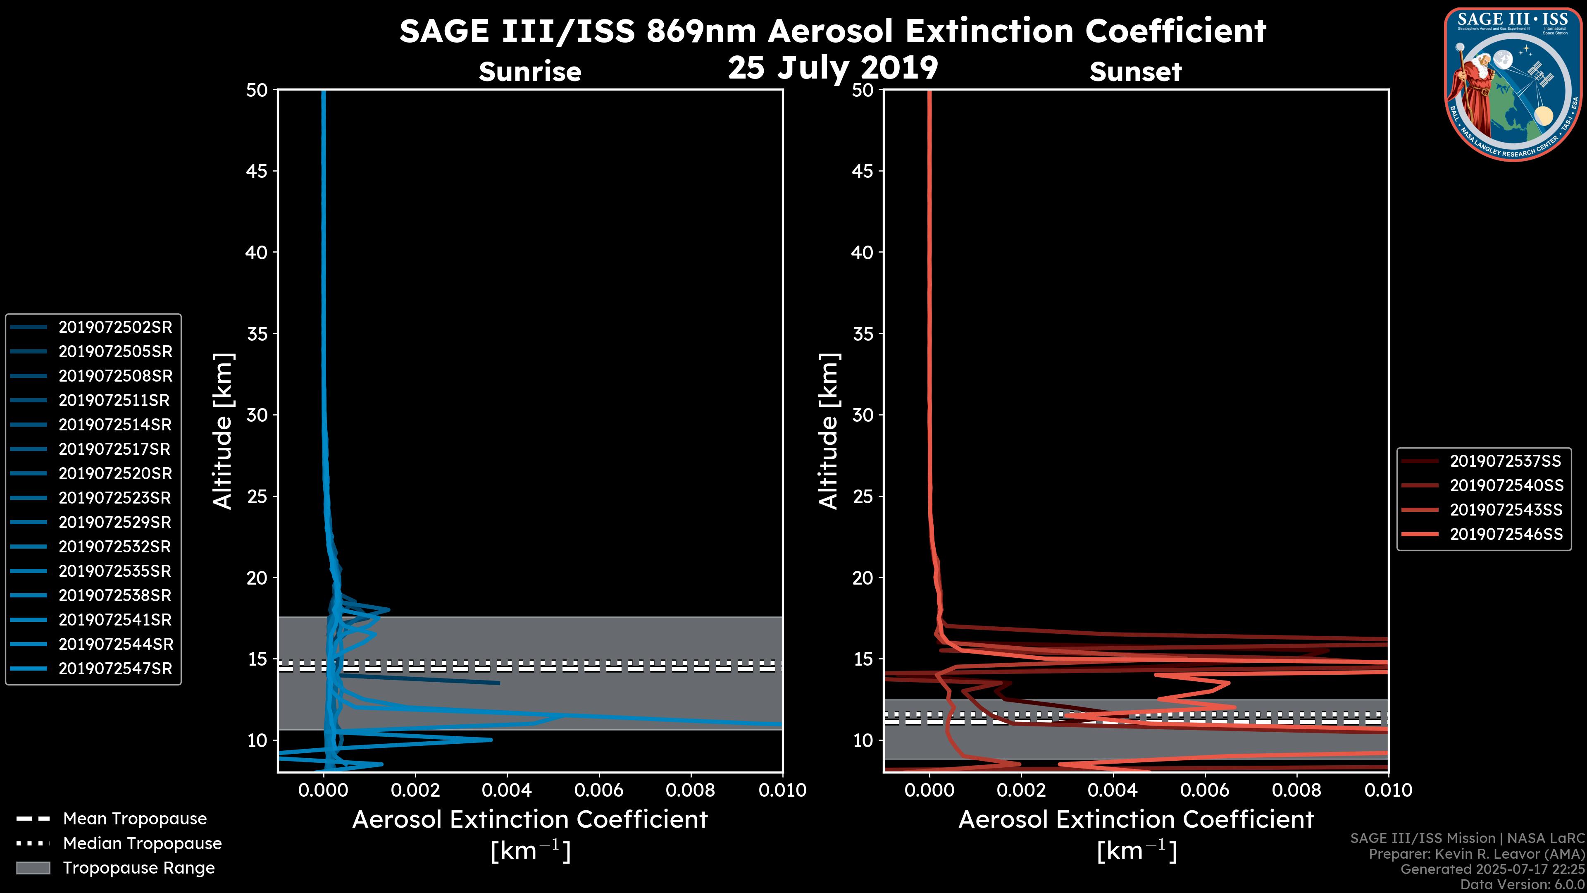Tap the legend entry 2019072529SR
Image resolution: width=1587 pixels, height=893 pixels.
pos(114,523)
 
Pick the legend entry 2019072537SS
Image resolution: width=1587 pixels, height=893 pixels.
pos(1506,461)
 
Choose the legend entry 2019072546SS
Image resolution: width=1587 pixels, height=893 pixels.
pos(1506,534)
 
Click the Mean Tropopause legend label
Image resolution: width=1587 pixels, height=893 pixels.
pos(135,819)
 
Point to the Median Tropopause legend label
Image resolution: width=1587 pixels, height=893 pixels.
pos(142,844)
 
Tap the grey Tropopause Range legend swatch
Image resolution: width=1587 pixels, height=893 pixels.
pos(33,868)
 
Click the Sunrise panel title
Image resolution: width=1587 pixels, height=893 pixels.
pos(530,72)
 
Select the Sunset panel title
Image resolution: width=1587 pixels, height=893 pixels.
pos(1135,72)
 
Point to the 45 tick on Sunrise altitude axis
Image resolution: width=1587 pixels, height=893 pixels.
pos(256,171)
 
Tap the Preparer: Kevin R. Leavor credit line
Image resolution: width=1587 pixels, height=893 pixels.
pos(1476,854)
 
